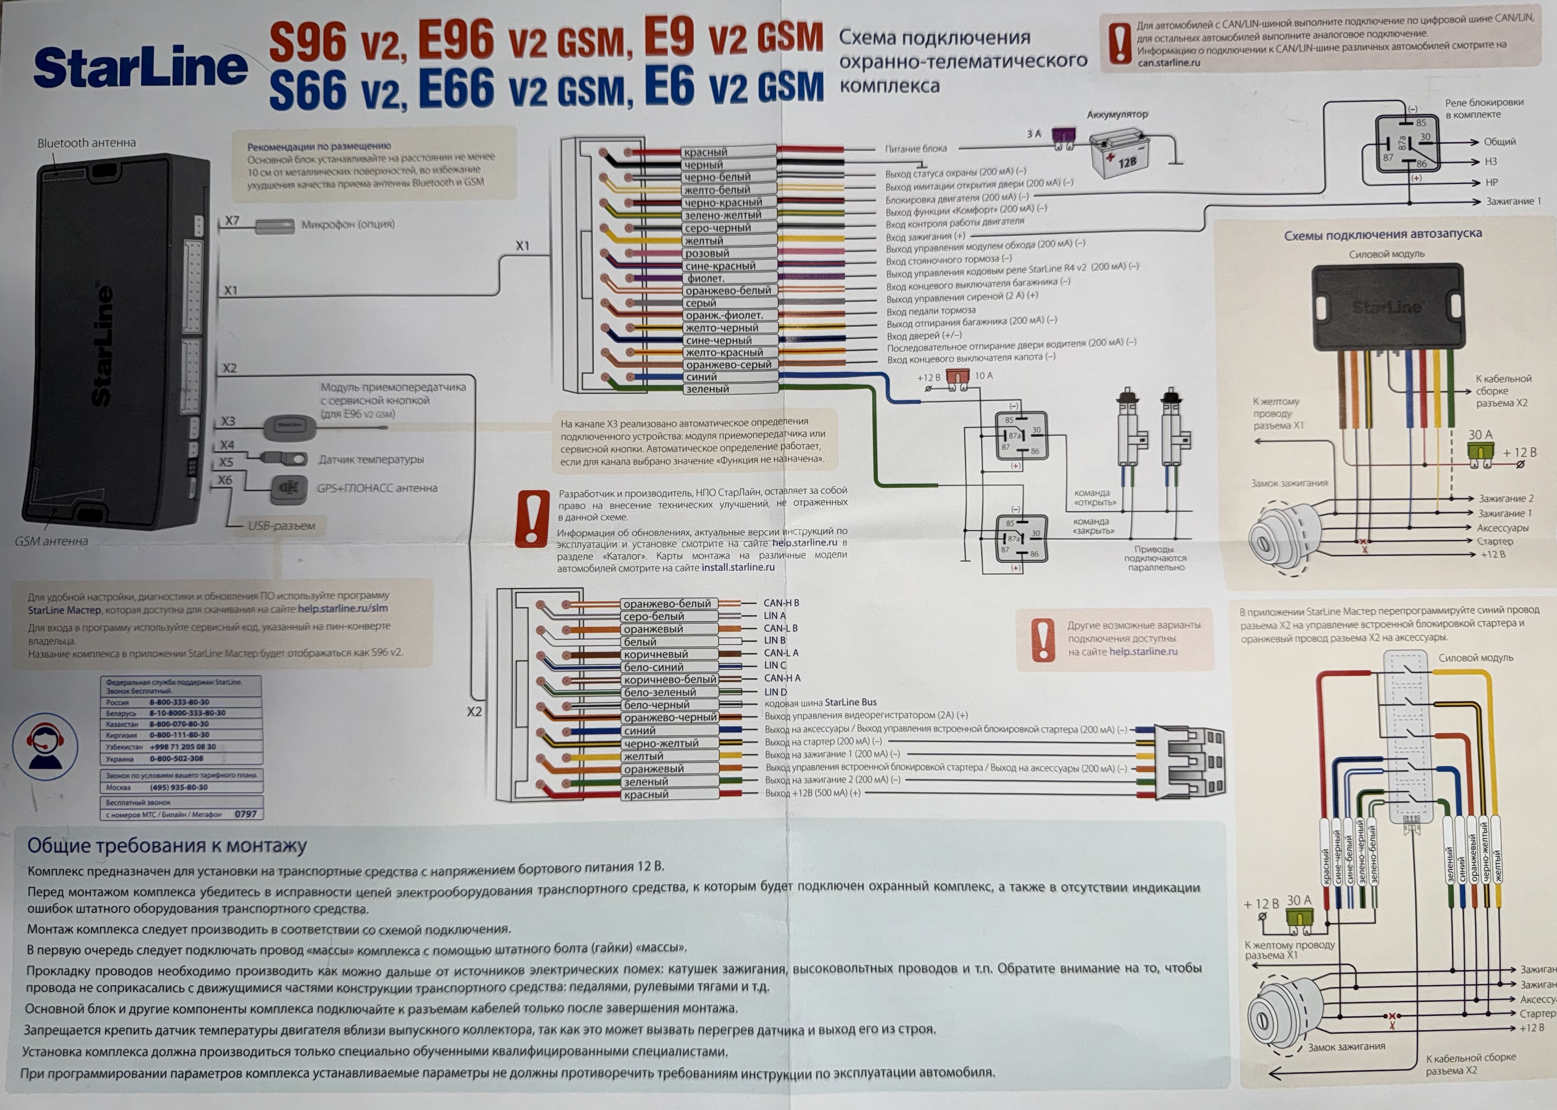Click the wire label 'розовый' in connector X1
pyautogui.click(x=707, y=253)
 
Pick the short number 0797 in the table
pyautogui.click(x=245, y=814)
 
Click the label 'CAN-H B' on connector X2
pyautogui.click(x=781, y=603)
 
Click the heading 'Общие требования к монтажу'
pyautogui.click(x=167, y=846)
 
